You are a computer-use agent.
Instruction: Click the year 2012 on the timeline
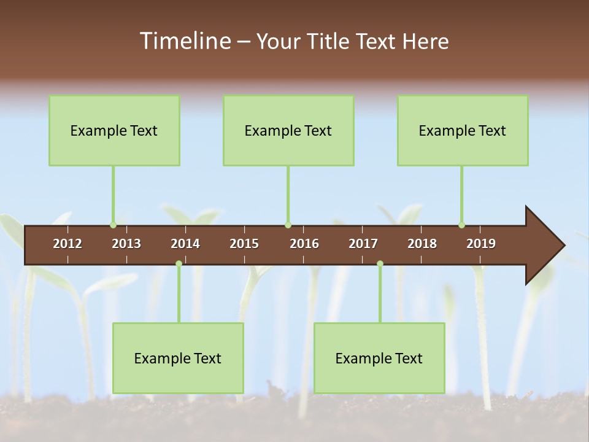[x=67, y=244]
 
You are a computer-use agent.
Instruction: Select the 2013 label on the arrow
[x=126, y=244]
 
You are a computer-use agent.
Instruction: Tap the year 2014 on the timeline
[x=185, y=244]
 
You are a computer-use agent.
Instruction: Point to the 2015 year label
[x=244, y=244]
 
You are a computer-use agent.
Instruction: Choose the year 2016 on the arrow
[x=304, y=244]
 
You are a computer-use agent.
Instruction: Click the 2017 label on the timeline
[x=363, y=244]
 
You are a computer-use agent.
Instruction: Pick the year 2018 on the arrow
[x=422, y=244]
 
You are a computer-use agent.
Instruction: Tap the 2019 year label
[x=481, y=244]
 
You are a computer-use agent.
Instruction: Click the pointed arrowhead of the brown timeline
[x=546, y=246]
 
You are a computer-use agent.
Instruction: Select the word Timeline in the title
[x=184, y=41]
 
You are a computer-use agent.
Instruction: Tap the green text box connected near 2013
[x=114, y=130]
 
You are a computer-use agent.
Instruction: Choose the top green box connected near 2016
[x=288, y=130]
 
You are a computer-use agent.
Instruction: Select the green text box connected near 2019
[x=463, y=130]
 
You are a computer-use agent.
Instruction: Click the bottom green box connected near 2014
[x=178, y=358]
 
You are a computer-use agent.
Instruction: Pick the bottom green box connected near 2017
[x=379, y=358]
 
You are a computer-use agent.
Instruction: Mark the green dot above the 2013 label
[x=113, y=225]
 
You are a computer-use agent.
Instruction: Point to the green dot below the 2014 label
[x=179, y=263]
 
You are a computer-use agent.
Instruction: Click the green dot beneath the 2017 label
[x=380, y=263]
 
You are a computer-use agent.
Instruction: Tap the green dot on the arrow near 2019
[x=461, y=225]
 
